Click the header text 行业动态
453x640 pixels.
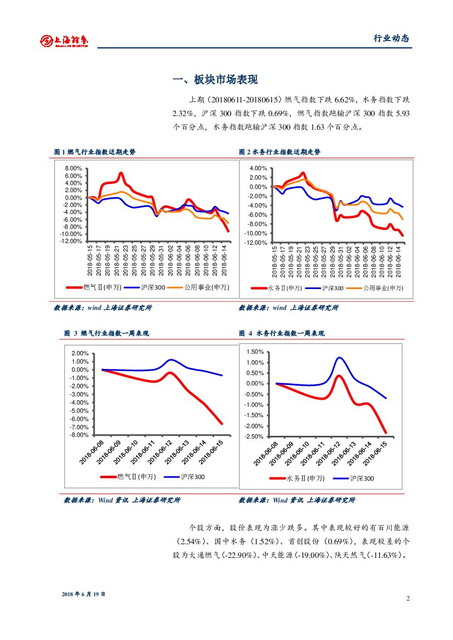coord(391,38)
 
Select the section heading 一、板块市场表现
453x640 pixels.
coord(215,80)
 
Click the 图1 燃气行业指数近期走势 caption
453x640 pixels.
coord(95,152)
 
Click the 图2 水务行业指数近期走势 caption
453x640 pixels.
coord(280,152)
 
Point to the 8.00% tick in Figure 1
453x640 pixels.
coord(72,169)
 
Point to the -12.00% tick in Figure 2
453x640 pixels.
coord(257,243)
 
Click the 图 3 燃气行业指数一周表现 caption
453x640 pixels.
coord(106,333)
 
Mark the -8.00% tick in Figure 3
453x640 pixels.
coord(80,435)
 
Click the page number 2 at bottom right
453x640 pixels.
coord(408,598)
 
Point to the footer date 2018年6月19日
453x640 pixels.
coord(83,594)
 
